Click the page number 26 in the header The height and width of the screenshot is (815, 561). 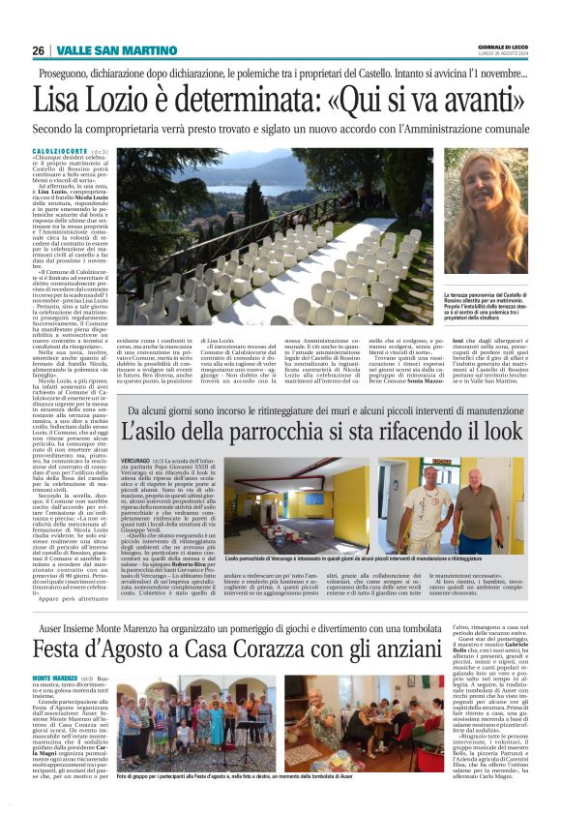point(39,50)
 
